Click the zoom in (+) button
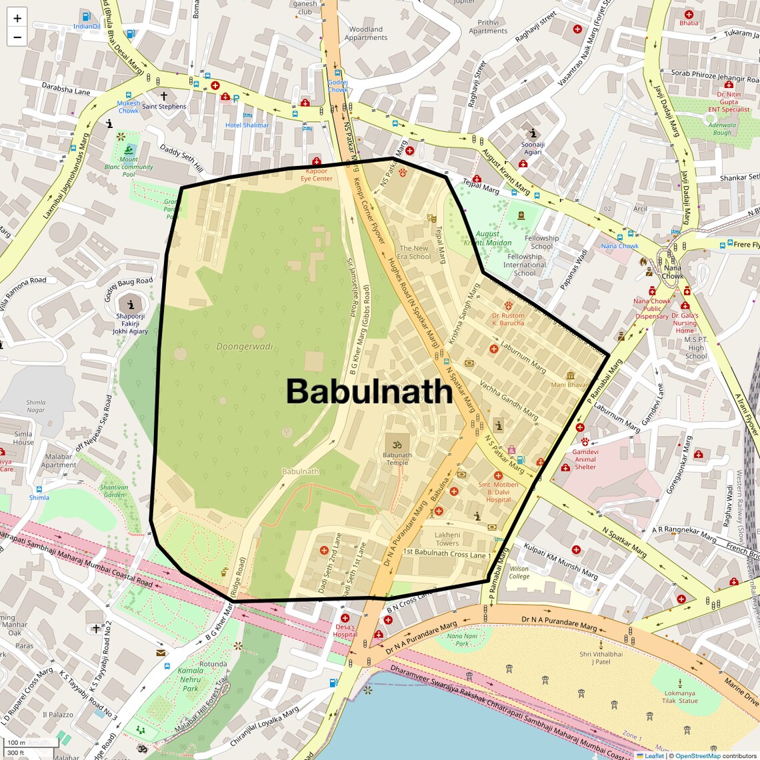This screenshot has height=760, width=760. pyautogui.click(x=17, y=19)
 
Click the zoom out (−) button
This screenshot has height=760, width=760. pyautogui.click(x=17, y=37)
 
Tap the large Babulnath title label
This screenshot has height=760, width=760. pyautogui.click(x=369, y=391)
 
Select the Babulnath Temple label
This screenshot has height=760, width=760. pyautogui.click(x=397, y=459)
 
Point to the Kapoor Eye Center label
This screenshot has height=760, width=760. pyautogui.click(x=316, y=175)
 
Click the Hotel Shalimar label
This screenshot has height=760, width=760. pyautogui.click(x=247, y=125)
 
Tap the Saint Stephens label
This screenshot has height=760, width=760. pyautogui.click(x=164, y=107)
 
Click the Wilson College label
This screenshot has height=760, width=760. pyautogui.click(x=519, y=573)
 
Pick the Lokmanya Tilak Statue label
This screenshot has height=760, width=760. pyautogui.click(x=680, y=697)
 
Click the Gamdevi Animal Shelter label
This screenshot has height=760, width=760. pyautogui.click(x=585, y=459)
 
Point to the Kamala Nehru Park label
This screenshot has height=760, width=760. pyautogui.click(x=191, y=679)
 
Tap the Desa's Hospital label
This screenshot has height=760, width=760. pyautogui.click(x=345, y=631)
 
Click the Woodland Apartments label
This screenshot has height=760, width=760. pyautogui.click(x=366, y=33)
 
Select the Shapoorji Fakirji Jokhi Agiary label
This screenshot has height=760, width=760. pyautogui.click(x=130, y=323)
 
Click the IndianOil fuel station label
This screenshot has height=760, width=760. pyautogui.click(x=87, y=27)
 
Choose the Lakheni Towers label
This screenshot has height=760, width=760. pyautogui.click(x=447, y=539)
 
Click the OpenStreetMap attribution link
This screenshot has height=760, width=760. pyautogui.click(x=697, y=755)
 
